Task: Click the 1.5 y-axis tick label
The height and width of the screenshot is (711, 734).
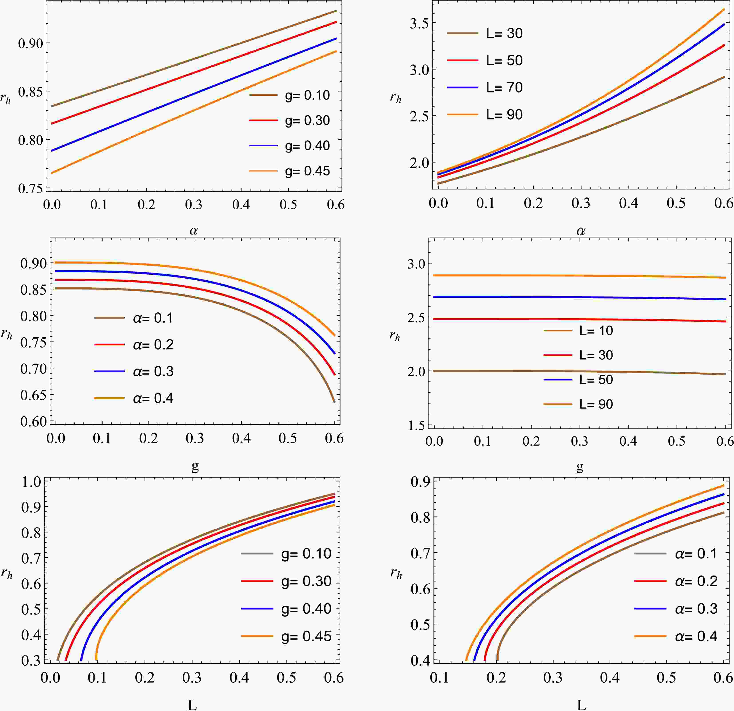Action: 416,426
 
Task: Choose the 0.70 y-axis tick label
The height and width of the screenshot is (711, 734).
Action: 34,369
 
